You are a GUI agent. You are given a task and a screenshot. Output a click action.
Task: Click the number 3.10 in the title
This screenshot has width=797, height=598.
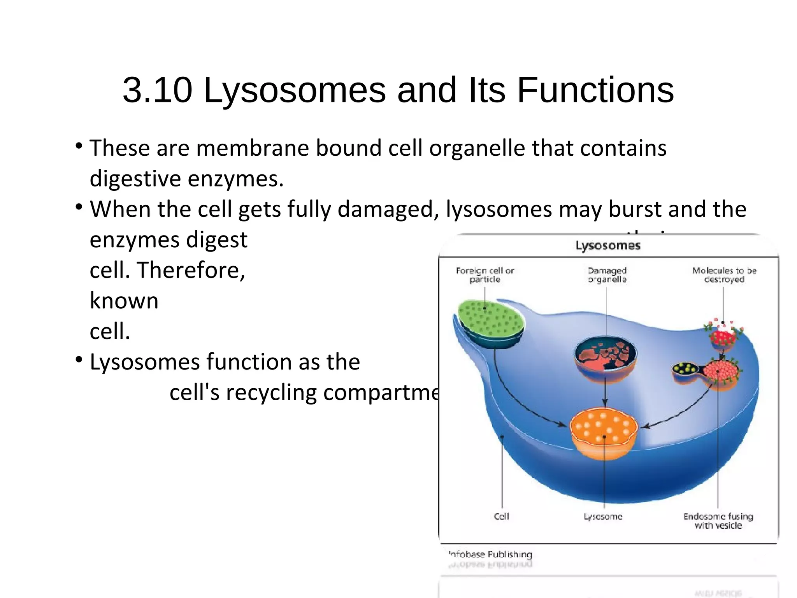(157, 90)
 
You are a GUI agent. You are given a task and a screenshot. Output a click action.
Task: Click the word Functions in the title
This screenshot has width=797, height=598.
(595, 90)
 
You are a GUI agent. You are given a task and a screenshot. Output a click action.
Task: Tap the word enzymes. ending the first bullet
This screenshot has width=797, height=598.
(236, 179)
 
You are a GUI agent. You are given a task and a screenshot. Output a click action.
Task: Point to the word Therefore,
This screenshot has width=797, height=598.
(191, 270)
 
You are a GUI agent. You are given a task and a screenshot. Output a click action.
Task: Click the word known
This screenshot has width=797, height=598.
(124, 301)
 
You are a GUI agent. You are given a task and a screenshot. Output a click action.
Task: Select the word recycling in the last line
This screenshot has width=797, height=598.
(271, 392)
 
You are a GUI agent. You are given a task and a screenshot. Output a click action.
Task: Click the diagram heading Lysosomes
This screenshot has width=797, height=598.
(608, 246)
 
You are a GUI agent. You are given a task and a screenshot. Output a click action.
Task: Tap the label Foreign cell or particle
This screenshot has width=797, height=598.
(485, 275)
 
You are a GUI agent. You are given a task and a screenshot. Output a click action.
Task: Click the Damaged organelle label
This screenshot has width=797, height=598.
(607, 275)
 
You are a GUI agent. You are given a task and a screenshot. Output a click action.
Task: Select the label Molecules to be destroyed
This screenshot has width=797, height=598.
(724, 275)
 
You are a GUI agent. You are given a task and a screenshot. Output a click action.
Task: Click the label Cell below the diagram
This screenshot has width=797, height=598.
(501, 516)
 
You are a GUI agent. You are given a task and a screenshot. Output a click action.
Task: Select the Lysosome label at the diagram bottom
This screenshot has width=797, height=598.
(603, 517)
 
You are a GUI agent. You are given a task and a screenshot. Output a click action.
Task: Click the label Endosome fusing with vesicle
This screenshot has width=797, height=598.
(718, 521)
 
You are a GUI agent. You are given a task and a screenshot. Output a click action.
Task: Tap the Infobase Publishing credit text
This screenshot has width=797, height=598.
(490, 554)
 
